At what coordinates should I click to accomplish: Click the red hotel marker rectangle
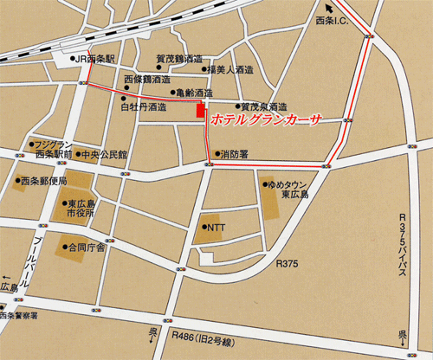[x=201, y=111]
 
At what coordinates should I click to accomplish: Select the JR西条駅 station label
[x=95, y=60]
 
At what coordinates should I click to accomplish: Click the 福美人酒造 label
[x=231, y=70]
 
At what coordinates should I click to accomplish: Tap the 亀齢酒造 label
[x=193, y=91]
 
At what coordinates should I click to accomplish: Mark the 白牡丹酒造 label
[x=143, y=106]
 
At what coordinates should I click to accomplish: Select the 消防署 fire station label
[x=234, y=154]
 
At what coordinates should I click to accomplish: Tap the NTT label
[x=215, y=217]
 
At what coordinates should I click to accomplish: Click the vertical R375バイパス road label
[x=401, y=246]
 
